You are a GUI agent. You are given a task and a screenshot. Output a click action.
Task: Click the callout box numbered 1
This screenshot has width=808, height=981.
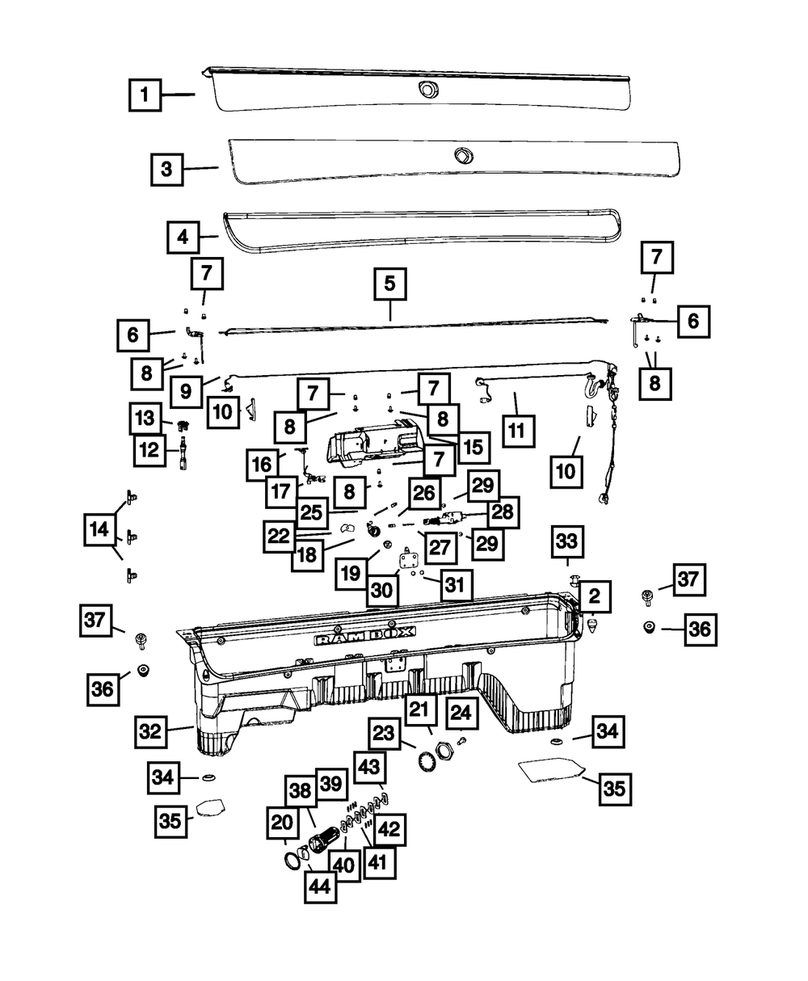pyautogui.click(x=145, y=95)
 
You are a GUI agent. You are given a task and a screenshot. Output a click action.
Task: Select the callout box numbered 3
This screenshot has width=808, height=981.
pyautogui.click(x=166, y=169)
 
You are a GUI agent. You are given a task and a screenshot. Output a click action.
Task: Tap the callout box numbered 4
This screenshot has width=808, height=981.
pyautogui.click(x=183, y=238)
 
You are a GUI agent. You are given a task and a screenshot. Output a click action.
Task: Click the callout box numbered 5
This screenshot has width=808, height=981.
pyautogui.click(x=390, y=284)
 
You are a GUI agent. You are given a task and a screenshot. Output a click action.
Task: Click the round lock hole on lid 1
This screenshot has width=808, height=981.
pyautogui.click(x=427, y=89)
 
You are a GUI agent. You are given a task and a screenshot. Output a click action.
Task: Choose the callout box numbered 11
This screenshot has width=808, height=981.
pyautogui.click(x=518, y=431)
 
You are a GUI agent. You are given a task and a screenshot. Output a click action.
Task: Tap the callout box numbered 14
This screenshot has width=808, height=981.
pyautogui.click(x=99, y=529)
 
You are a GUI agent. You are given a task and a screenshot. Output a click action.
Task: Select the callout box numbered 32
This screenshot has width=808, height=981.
pyautogui.click(x=150, y=731)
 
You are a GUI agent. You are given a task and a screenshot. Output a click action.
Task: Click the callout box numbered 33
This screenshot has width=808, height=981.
pyautogui.click(x=566, y=541)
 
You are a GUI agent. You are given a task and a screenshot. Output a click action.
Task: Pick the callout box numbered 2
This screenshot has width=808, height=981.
pyautogui.click(x=595, y=596)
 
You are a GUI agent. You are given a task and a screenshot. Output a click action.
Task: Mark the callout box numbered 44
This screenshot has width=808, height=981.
pyautogui.click(x=321, y=887)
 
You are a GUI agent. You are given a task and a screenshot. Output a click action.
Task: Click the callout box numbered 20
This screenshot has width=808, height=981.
pyautogui.click(x=282, y=823)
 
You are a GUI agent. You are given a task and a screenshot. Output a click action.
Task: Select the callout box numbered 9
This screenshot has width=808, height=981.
pyautogui.click(x=186, y=391)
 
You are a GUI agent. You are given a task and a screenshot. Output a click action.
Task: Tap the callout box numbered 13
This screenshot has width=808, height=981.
pyautogui.click(x=145, y=418)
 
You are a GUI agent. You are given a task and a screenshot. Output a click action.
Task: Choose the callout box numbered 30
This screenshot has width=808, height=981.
pyautogui.click(x=382, y=591)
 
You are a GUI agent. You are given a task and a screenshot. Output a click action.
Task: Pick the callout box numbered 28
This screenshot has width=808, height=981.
pyautogui.click(x=503, y=512)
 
